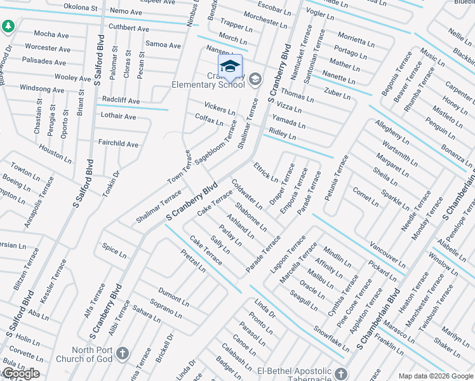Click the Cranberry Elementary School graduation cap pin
[230, 65]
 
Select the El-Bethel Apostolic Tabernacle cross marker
[342, 373]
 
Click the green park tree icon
[8, 27]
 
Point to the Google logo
[20, 373]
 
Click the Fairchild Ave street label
[117, 144]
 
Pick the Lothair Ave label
[118, 117]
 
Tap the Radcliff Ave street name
[121, 101]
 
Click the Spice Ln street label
[114, 250]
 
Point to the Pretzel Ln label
[193, 260]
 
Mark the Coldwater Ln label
[247, 194]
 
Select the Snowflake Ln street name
[331, 338]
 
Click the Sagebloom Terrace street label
[215, 144]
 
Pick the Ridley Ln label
[283, 133]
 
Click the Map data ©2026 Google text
[436, 375]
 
